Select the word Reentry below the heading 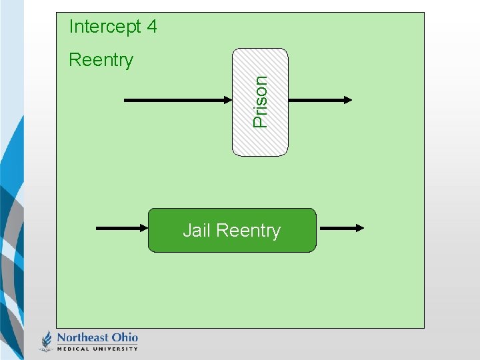tap(101, 60)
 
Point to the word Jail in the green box tap(197, 231)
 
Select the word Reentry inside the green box tap(248, 231)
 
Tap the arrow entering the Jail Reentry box tap(120, 228)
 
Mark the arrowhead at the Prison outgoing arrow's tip tap(347, 101)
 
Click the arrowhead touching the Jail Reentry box tap(143, 228)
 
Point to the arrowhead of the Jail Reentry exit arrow tap(359, 228)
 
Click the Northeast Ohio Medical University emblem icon tap(47, 341)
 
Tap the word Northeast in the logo tap(82, 337)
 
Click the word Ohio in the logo tap(124, 337)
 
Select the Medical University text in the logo tap(97, 348)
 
